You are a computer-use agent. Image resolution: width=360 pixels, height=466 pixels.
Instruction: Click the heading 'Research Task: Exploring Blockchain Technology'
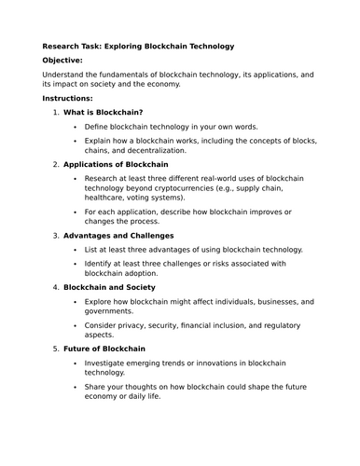138,45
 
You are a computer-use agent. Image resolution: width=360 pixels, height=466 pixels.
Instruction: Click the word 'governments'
117,313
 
